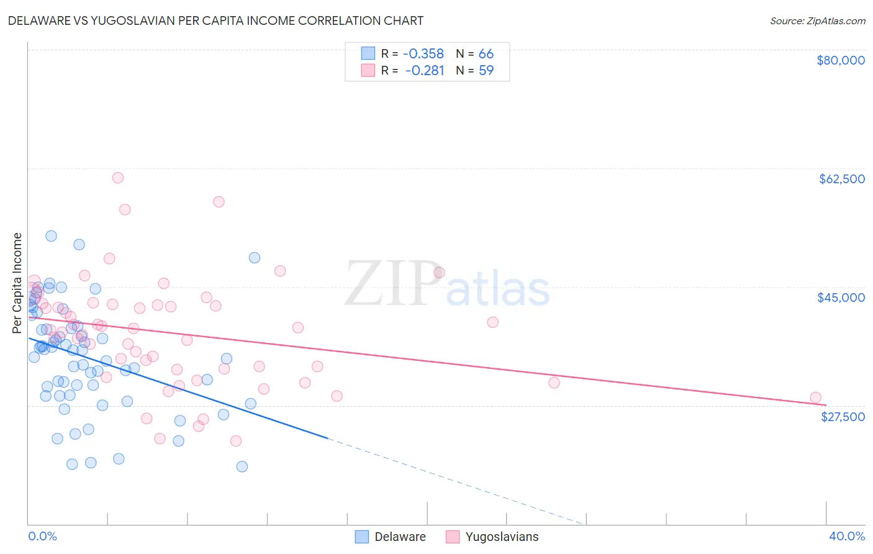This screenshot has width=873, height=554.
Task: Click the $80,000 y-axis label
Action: pos(840,60)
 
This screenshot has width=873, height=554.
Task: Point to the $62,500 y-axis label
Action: pos(841,179)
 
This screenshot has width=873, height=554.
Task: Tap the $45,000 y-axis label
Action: pos(841,297)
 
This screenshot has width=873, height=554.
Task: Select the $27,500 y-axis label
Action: pos(843,417)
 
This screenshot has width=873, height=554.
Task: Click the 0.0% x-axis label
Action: pos(42,536)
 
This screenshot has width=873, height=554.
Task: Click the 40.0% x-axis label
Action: pos(846,536)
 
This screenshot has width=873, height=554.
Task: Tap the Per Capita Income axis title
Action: pos(17,283)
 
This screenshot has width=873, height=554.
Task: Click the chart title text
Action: pos(215,20)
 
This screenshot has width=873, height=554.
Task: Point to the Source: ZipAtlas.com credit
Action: pos(817,20)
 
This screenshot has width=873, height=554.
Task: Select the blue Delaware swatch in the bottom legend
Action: pos(362,537)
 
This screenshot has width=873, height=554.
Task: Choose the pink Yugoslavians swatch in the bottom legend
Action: pos(453,537)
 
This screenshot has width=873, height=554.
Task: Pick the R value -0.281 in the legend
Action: pos(425,70)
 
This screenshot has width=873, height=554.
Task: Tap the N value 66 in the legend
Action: pos(486,53)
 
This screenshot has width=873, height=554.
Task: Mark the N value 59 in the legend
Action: pos(486,70)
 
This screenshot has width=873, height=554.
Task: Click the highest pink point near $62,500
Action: pos(117,178)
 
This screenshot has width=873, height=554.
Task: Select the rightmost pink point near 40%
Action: pos(815,397)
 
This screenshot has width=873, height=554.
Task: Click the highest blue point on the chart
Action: pos(51,236)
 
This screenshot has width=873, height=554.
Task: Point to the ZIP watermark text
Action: pos(392,283)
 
